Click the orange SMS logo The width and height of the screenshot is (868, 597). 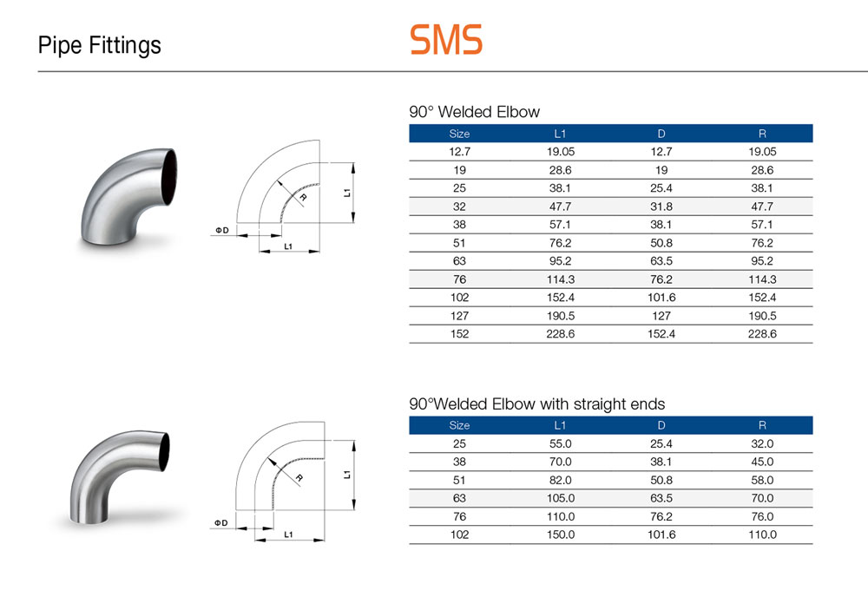pos(446,39)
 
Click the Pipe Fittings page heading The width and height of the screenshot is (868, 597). pos(100,45)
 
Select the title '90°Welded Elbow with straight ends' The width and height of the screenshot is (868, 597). pos(537,403)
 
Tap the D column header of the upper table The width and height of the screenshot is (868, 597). pos(661,134)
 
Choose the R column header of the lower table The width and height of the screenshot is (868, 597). pos(762,425)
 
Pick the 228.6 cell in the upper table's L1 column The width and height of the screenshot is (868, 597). pos(560,334)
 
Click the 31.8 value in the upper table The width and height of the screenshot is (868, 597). pos(661,207)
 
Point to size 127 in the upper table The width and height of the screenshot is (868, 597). pos(459,316)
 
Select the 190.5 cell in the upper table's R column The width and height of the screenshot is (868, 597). pos(762,316)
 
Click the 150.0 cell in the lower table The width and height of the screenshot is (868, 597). pos(560,535)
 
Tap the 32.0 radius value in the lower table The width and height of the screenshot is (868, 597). pos(762,443)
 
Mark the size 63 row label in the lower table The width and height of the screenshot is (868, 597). pos(459,499)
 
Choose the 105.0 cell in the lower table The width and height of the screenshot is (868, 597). pos(560,499)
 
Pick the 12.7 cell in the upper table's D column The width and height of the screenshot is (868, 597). pos(661,152)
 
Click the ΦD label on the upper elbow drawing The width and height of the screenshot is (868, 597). pos(222,230)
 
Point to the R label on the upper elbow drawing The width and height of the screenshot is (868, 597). pos(303,198)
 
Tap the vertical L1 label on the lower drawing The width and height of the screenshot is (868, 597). pos(347,474)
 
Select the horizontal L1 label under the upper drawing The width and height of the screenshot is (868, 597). pos(288,246)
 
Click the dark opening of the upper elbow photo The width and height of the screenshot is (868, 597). pos(169,177)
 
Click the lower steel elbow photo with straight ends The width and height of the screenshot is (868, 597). pos(120,477)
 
